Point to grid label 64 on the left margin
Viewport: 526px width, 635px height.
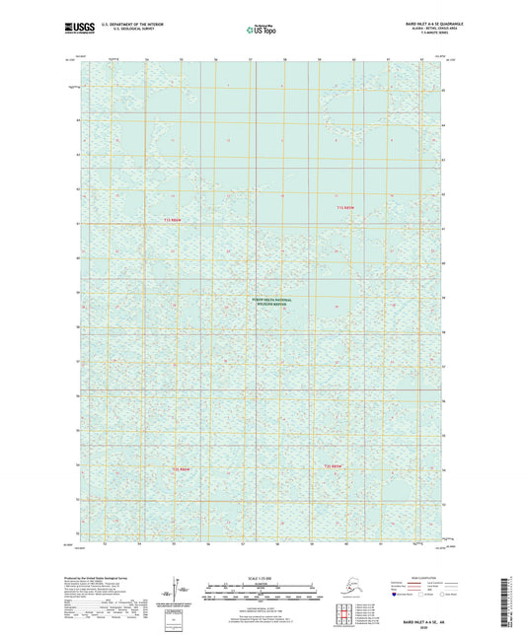[77, 120]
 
